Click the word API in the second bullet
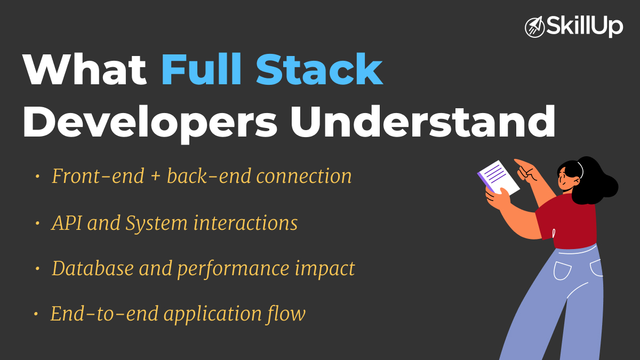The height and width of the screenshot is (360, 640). point(67,223)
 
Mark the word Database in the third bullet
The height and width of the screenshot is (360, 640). point(90,268)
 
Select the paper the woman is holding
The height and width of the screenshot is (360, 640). point(498,177)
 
